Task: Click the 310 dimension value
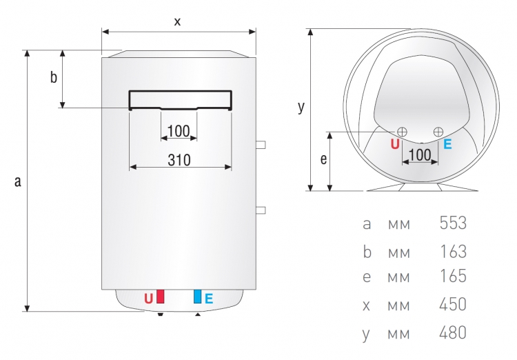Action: pos(179,160)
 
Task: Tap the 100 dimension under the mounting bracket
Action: pos(179,131)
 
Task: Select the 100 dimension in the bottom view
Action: pos(420,154)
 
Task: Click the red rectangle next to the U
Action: pos(160,297)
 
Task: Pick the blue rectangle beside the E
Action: pos(198,297)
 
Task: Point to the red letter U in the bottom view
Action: pos(395,144)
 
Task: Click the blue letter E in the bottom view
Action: pos(447,144)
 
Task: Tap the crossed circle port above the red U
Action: pos(402,132)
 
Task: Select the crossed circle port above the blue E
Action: pos(438,132)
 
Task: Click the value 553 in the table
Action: pos(453,223)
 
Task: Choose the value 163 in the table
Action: pos(454,252)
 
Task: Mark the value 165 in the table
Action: pos(454,276)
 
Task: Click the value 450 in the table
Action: pos(453,304)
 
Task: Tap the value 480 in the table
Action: pos(453,332)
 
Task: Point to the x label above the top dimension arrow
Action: pos(177,22)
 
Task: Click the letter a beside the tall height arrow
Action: pos(18,181)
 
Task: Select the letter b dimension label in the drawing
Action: pos(53,77)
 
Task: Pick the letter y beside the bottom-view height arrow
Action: pos(301,108)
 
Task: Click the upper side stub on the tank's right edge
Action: pos(261,145)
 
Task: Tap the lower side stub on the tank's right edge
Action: pos(261,210)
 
